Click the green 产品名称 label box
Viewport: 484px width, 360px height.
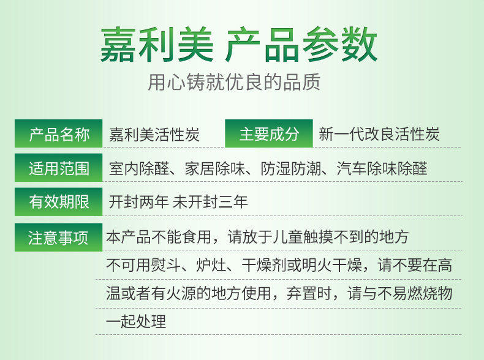[x=58, y=133]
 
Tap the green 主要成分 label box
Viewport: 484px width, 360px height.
[x=269, y=133]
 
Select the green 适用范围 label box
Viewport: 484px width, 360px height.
[x=58, y=168]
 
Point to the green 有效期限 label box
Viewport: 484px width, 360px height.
[x=58, y=202]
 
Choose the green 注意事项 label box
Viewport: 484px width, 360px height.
[x=58, y=237]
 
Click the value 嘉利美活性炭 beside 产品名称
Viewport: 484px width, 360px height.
[x=154, y=135]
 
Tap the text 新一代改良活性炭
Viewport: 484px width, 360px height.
[x=379, y=134]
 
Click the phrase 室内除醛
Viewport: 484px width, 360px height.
[x=139, y=168]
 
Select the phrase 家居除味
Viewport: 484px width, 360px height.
[x=215, y=168]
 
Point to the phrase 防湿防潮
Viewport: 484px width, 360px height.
[x=291, y=168]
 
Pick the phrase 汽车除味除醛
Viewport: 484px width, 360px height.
[x=382, y=168]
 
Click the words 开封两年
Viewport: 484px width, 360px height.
[x=139, y=202]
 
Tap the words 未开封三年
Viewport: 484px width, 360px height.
[x=210, y=202]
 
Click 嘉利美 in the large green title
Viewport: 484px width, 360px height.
[x=157, y=45]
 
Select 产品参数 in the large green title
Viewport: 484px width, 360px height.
[x=301, y=45]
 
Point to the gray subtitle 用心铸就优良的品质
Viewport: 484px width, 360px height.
[x=234, y=82]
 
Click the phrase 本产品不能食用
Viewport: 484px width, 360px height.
[x=159, y=237]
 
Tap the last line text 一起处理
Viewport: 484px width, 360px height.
[x=136, y=321]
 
